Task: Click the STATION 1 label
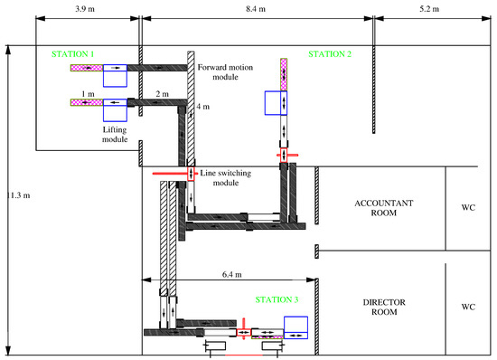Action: pyautogui.click(x=72, y=54)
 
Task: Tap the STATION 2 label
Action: pyautogui.click(x=330, y=54)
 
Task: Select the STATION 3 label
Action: pyautogui.click(x=277, y=299)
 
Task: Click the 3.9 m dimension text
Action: pyautogui.click(x=85, y=9)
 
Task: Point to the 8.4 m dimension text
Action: pyautogui.click(x=256, y=9)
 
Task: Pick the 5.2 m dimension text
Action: pyautogui.click(x=429, y=9)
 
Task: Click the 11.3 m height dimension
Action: pyautogui.click(x=18, y=195)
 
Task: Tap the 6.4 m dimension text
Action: pyautogui.click(x=231, y=274)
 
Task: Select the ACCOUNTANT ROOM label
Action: pyautogui.click(x=384, y=208)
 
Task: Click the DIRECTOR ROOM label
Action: pyautogui.click(x=384, y=307)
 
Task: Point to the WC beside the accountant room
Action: pyautogui.click(x=468, y=208)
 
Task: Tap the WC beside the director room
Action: pyautogui.click(x=468, y=307)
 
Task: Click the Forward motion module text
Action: pyautogui.click(x=225, y=72)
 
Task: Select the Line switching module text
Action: pyautogui.click(x=226, y=177)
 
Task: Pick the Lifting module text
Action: pyautogui.click(x=115, y=135)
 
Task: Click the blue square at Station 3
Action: pyautogui.click(x=295, y=327)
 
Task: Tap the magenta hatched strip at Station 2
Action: pyautogui.click(x=284, y=74)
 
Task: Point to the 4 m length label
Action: pyautogui.click(x=202, y=107)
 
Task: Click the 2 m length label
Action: pyautogui.click(x=162, y=94)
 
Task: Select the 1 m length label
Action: pyautogui.click(x=88, y=94)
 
